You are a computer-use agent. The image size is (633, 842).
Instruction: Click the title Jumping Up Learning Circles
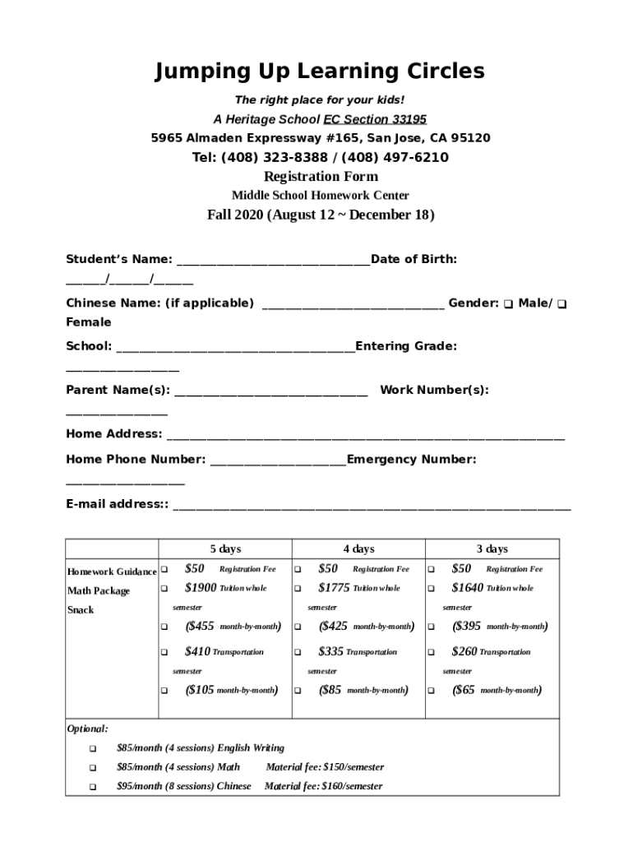[320, 72]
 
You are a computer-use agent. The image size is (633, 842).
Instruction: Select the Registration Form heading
[321, 177]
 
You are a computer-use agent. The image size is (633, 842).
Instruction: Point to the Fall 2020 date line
[321, 215]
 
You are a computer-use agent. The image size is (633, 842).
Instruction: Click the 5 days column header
[225, 549]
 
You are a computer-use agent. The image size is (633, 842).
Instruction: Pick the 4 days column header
[358, 549]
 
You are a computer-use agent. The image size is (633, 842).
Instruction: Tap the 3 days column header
[492, 549]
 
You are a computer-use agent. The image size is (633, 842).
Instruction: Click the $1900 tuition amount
[201, 588]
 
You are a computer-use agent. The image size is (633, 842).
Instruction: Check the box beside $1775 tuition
[298, 589]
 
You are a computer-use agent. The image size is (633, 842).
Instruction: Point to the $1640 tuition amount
[467, 588]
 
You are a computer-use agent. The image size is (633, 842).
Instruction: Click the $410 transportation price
[197, 651]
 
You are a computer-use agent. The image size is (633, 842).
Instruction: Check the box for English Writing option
[92, 749]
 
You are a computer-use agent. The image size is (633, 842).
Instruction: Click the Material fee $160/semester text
[323, 786]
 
